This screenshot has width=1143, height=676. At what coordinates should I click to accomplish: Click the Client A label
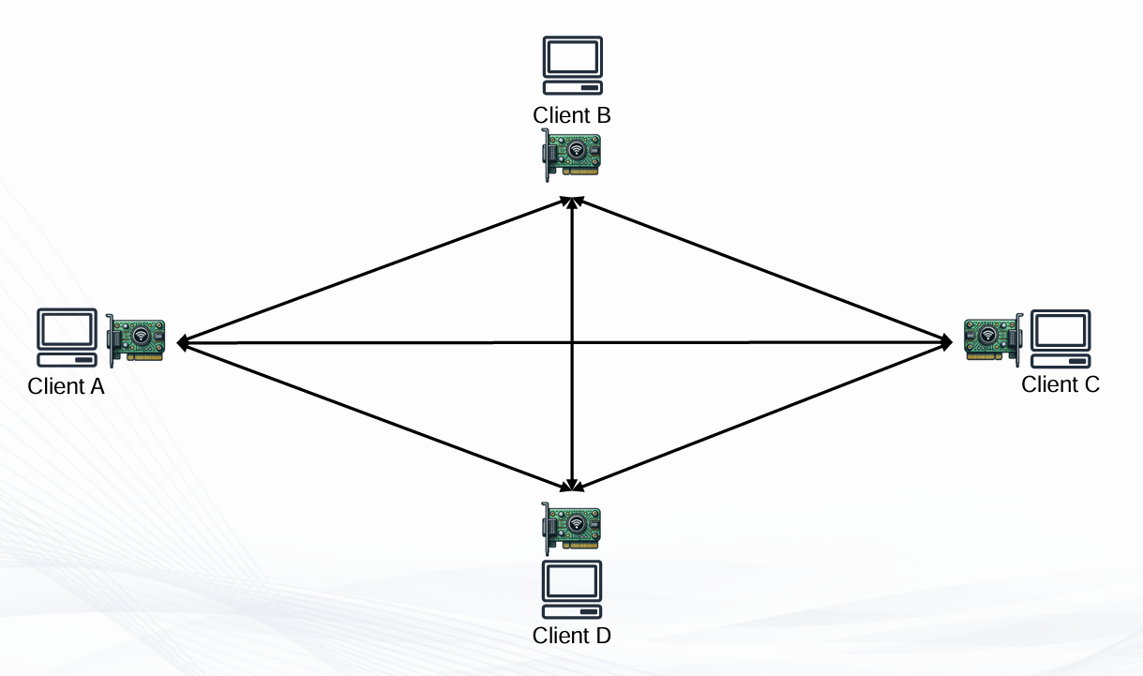[66, 385]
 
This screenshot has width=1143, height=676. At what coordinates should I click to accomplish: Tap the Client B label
[572, 114]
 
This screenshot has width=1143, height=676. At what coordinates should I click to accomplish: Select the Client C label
[1060, 383]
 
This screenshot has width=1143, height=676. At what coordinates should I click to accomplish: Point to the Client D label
[572, 635]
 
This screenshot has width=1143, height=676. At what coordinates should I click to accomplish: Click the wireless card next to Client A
[137, 337]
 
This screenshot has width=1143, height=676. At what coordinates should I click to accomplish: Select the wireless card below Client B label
[572, 154]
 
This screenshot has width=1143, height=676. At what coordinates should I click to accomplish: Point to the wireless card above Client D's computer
[572, 527]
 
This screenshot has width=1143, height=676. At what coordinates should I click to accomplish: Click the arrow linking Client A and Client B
[375, 271]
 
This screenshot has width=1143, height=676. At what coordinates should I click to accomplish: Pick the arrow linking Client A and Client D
[375, 416]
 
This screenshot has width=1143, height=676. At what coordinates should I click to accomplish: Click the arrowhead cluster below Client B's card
[572, 202]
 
